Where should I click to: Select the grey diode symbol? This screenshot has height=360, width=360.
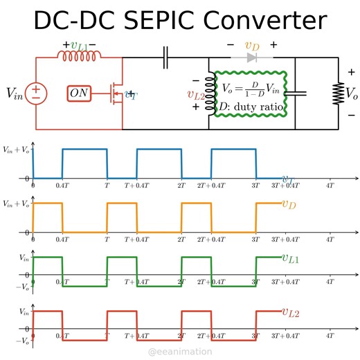click(251, 59)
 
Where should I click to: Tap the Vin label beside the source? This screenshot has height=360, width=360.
click(14, 93)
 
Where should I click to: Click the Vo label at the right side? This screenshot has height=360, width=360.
click(352, 93)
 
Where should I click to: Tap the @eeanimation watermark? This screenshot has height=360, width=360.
click(180, 352)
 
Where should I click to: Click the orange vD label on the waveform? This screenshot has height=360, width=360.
click(289, 204)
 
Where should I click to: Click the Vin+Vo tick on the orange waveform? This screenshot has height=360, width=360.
click(17, 204)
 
